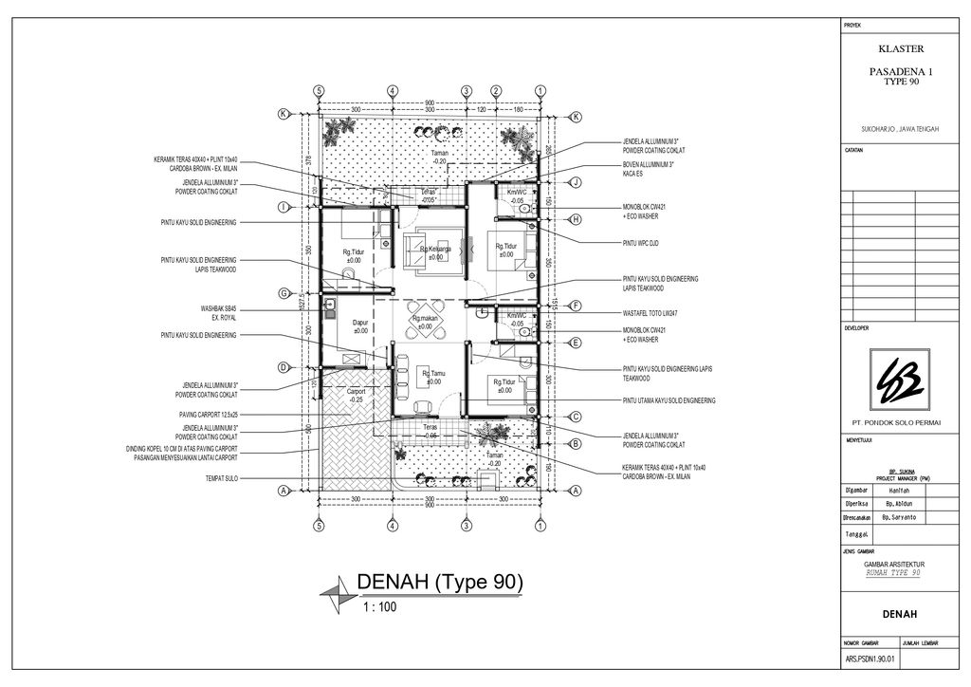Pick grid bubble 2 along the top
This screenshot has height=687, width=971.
(495, 90)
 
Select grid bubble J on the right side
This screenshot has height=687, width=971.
(576, 181)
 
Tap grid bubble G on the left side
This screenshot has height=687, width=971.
(283, 293)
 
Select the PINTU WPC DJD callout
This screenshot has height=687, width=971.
(641, 244)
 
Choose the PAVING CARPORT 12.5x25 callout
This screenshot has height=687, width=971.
(207, 415)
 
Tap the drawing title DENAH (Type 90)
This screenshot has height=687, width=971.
(439, 582)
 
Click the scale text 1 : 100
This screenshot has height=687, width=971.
(380, 606)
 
